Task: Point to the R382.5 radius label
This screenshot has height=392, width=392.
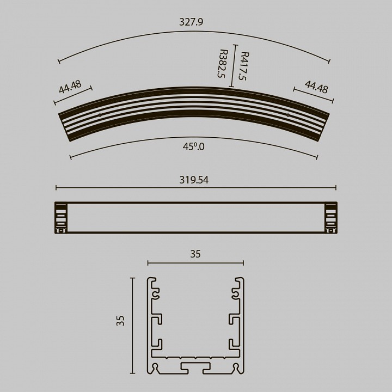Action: [222, 64]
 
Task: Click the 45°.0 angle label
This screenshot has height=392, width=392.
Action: [193, 146]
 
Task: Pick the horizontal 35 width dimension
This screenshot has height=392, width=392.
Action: [195, 254]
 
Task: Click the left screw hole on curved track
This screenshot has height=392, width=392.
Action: [100, 115]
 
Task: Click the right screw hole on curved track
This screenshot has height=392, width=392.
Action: [288, 115]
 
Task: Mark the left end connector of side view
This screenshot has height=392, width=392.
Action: [61, 218]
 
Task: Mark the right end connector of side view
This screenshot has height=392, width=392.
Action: [330, 218]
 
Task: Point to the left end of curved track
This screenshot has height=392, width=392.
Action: [64, 125]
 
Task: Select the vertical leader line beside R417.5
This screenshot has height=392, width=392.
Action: [233, 65]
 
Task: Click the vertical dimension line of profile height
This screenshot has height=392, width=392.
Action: [132, 326]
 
